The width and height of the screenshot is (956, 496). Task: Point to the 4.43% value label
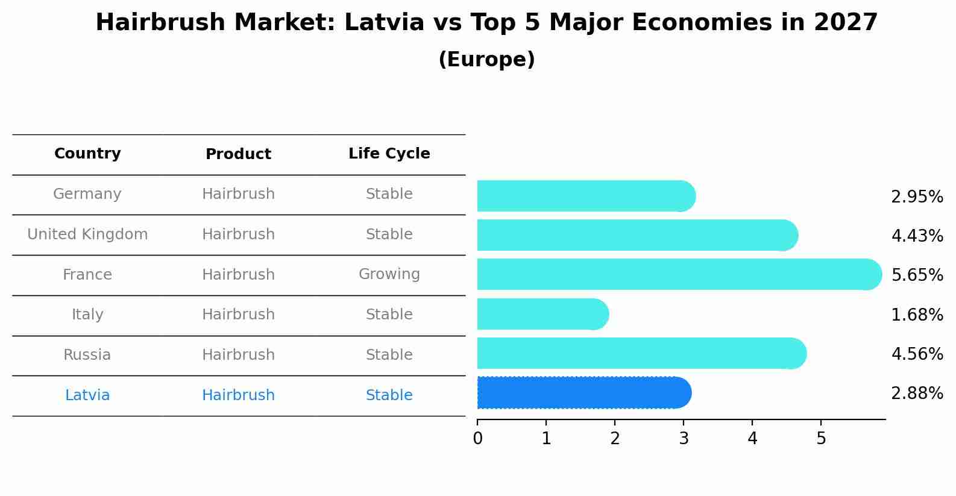coord(917,236)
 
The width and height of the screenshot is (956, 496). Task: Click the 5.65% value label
coord(917,275)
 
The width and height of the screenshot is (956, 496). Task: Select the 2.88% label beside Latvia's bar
coord(917,394)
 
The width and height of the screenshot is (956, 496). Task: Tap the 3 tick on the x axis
coord(684,439)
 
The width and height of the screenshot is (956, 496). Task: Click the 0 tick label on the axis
coord(478,439)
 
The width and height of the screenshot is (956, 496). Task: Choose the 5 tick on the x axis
coord(821,439)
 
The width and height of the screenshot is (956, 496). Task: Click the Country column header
coord(87,154)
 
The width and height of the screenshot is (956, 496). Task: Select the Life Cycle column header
coord(389,154)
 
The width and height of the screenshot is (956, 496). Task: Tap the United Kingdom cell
coord(87,234)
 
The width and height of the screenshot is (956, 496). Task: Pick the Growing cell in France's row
coord(389,274)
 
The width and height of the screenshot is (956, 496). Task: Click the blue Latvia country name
coord(87,395)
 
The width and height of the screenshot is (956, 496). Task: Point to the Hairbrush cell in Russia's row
coord(238,355)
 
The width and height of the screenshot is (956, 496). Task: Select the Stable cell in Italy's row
coord(389,315)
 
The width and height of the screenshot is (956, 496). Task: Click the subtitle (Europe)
coord(486,60)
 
